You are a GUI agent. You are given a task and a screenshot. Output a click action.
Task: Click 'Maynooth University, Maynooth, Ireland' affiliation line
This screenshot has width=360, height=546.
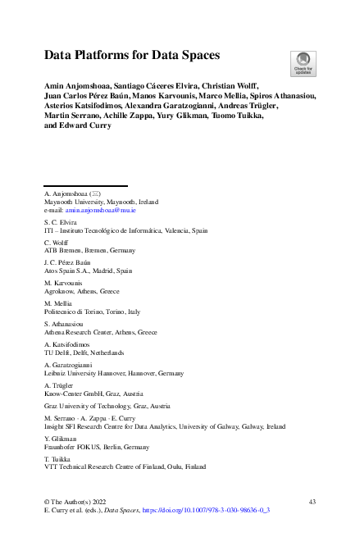pos(101,201)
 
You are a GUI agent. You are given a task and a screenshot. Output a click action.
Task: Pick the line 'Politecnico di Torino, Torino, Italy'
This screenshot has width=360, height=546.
pos(92,312)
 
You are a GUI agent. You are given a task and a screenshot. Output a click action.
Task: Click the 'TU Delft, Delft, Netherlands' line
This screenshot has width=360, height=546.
pos(83,353)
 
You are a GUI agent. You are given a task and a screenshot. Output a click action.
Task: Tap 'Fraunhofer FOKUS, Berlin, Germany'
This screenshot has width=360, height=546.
pos(96,447)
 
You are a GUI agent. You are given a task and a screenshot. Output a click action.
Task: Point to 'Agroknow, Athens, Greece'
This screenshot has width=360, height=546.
pos(81,291)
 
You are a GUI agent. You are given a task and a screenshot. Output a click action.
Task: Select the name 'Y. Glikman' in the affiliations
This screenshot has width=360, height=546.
pos(59,439)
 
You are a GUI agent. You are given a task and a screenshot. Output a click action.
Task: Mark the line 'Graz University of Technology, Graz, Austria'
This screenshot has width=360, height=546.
pos(107,406)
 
